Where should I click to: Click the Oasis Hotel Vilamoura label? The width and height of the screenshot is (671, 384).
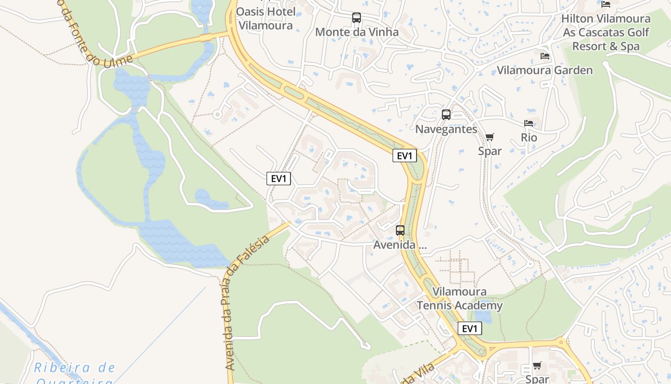coord(266,18)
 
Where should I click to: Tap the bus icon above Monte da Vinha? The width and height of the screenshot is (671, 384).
coord(357,18)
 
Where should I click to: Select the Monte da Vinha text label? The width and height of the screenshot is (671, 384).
coord(357,32)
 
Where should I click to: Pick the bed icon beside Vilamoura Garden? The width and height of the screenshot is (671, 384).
coord(545,56)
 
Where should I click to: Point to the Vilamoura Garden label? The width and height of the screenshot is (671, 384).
coord(544,70)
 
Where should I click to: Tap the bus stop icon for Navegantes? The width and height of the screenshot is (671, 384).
coord(446,115)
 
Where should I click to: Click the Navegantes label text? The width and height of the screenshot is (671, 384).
coord(446,129)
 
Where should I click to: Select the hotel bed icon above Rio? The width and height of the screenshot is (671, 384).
coord(529,123)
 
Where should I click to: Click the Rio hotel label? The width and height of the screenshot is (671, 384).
coord(529,138)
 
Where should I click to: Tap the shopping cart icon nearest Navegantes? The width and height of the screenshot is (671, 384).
coord(489,137)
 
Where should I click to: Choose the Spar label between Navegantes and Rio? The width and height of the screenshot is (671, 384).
coord(490,151)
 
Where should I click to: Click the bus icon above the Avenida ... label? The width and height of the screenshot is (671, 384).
coord(400,230)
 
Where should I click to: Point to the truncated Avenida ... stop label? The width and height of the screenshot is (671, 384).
coord(400,245)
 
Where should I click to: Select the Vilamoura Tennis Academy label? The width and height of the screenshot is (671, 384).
coord(459,299)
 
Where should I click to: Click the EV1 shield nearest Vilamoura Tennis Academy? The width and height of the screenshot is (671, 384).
coord(470,328)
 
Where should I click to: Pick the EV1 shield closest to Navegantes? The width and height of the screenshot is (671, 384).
coord(405,156)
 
